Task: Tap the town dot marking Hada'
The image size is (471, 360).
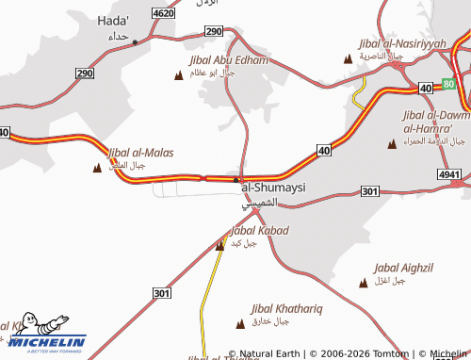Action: [135, 41]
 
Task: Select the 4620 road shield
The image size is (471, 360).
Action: [162, 13]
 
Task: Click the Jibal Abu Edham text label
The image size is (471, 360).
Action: [228, 59]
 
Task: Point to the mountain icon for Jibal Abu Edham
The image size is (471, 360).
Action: [180, 73]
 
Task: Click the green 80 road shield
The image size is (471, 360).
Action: [448, 84]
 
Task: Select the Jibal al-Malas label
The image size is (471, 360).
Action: [140, 152]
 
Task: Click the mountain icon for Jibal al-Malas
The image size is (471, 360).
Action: [97, 168]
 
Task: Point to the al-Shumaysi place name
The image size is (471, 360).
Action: [274, 188]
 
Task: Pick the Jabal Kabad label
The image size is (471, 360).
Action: [259, 230]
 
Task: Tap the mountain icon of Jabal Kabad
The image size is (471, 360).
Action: [220, 245]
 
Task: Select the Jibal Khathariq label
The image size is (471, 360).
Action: [286, 308]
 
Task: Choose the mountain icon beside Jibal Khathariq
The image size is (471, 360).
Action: [239, 322]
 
